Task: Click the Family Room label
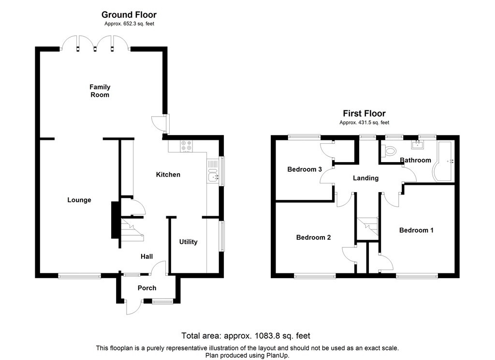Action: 100,91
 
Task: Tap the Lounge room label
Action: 79,200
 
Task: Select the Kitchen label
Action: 168,174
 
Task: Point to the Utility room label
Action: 188,241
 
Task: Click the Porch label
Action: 147,288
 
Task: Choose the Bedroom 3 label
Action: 305,169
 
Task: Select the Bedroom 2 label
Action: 313,237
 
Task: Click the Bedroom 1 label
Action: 416,230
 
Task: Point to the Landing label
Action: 365,178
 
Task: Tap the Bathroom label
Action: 415,160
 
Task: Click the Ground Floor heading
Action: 129,15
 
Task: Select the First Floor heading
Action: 364,114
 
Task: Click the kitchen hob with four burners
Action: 186,146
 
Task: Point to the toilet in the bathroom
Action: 389,151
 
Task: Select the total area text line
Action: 246,335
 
